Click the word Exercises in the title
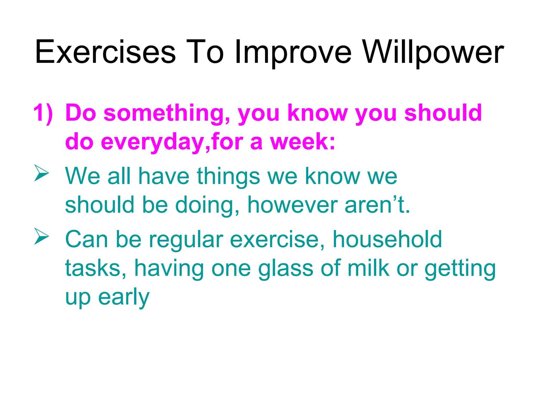click(x=105, y=52)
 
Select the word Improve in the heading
click(x=293, y=52)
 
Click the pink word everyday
click(x=152, y=142)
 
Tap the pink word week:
click(x=303, y=142)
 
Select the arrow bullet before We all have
click(x=42, y=173)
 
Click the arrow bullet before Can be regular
click(x=42, y=236)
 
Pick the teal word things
click(x=228, y=177)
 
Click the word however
click(x=292, y=205)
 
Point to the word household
click(x=387, y=239)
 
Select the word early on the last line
click(x=123, y=298)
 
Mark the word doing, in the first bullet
click(x=207, y=206)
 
